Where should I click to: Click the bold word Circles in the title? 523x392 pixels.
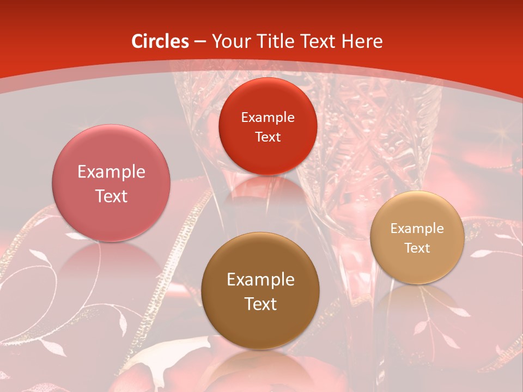160,41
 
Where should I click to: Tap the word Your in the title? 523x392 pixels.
229,41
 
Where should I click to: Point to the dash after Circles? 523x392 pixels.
200,42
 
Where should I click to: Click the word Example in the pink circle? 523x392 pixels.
111,172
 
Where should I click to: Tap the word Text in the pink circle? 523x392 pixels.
111,196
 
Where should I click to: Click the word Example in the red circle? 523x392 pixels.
267,118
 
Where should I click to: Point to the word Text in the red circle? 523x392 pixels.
267,137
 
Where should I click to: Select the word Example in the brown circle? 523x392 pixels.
260,280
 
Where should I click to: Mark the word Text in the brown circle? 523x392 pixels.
260,304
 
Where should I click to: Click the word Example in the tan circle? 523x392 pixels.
417,229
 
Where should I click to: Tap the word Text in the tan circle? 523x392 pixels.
417,248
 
